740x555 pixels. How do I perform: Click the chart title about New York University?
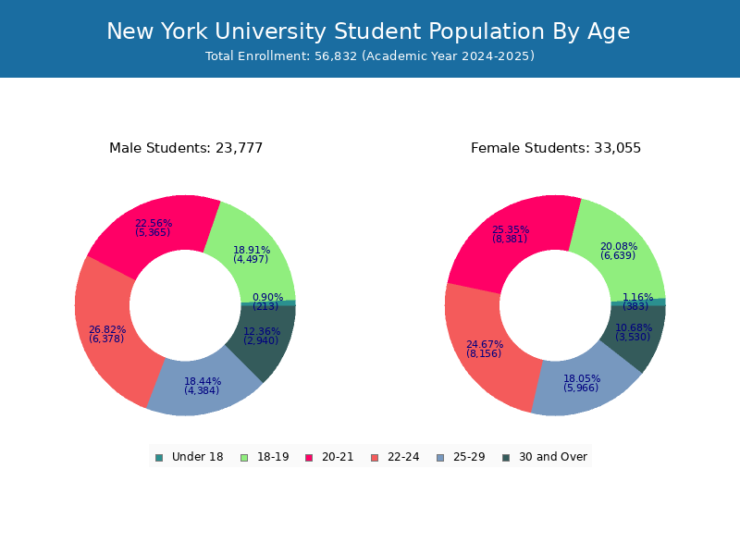(368, 31)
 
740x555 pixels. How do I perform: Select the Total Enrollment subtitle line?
(370, 56)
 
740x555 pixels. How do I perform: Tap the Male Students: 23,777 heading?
(186, 148)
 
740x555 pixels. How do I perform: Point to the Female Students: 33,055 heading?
(556, 148)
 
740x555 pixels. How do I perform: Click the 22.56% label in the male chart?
(154, 223)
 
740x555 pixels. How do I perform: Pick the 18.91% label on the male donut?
(252, 250)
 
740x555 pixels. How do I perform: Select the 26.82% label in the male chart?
(107, 329)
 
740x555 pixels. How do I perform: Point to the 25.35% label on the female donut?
(511, 229)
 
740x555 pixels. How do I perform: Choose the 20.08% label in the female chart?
(619, 246)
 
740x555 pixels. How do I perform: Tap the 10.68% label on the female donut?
(634, 327)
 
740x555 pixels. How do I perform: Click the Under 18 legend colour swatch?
(159, 457)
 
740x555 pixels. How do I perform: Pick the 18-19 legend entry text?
(273, 457)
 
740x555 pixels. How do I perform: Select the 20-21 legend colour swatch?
(309, 457)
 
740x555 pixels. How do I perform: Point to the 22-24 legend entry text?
(402, 457)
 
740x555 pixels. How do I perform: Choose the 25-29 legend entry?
(461, 457)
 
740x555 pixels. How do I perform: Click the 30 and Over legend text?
(553, 457)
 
